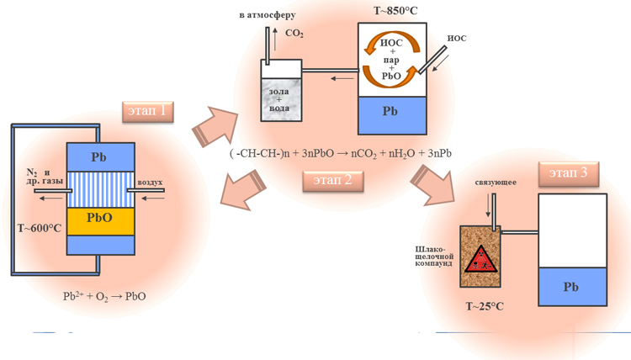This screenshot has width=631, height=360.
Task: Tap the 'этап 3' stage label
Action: [x=569, y=172]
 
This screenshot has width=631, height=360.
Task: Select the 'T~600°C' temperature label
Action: [x=40, y=228]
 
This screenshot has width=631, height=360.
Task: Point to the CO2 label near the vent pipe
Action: [x=294, y=34]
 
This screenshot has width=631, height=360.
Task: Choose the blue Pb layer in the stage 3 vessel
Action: [x=571, y=287]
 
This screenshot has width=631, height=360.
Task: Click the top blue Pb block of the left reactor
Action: [x=100, y=157]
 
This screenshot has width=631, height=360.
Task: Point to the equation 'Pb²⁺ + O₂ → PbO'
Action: [x=104, y=296]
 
